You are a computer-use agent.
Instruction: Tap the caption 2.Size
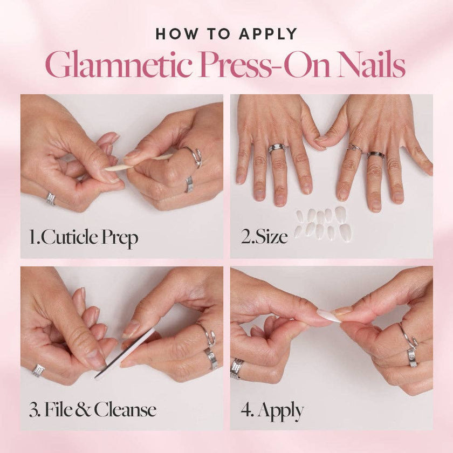pyautogui.click(x=264, y=237)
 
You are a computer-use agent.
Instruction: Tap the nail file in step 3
pyautogui.click(x=126, y=351)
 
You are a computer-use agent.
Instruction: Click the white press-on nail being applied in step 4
pyautogui.click(x=328, y=315)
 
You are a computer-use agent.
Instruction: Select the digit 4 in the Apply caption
pyautogui.click(x=246, y=410)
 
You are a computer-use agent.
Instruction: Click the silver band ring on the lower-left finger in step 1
pyautogui.click(x=51, y=198)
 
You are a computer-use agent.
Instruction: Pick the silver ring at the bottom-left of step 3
pyautogui.click(x=38, y=370)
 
